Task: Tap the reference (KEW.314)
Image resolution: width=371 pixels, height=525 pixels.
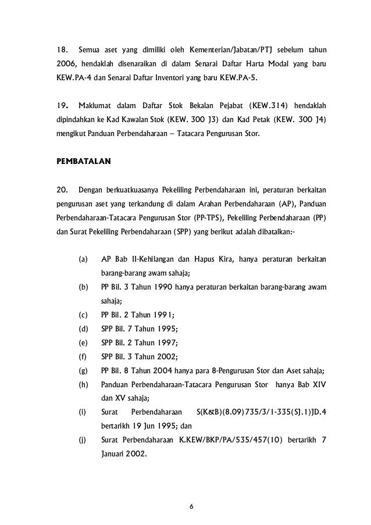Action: pos(270,105)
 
